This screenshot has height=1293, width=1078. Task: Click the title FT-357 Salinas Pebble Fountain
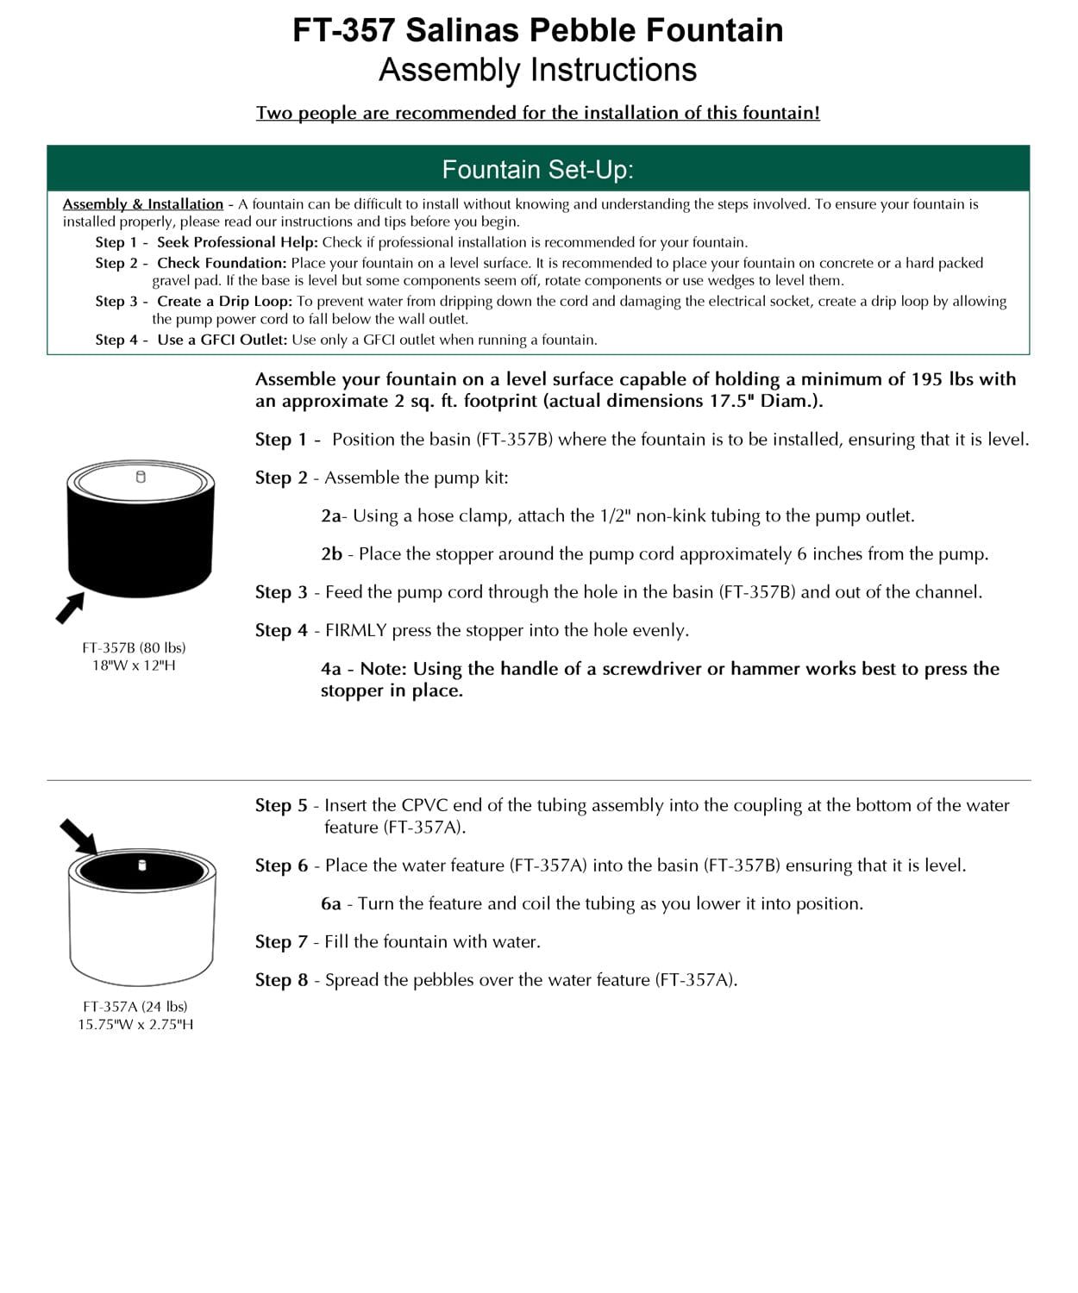tap(537, 31)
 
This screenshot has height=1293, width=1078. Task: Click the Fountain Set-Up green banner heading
tap(537, 169)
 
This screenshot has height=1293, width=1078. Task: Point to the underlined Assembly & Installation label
tap(142, 204)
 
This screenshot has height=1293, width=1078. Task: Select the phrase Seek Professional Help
tap(237, 242)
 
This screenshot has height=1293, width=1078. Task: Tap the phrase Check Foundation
tap(221, 263)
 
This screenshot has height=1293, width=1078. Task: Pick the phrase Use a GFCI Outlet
tap(222, 340)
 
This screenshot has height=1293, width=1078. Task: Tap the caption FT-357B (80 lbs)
tap(134, 647)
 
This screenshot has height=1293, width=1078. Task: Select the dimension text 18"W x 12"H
tap(134, 665)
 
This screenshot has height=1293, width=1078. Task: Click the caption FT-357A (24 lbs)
tap(135, 1006)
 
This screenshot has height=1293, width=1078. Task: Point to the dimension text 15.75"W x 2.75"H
tap(135, 1024)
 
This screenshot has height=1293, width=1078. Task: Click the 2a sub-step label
tap(331, 516)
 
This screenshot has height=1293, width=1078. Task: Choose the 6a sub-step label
tap(331, 904)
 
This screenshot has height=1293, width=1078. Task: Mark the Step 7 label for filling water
tap(281, 942)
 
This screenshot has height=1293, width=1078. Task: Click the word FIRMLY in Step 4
tap(355, 631)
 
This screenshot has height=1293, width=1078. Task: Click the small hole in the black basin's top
tap(141, 477)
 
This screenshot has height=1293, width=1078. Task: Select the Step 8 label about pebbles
tap(281, 980)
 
